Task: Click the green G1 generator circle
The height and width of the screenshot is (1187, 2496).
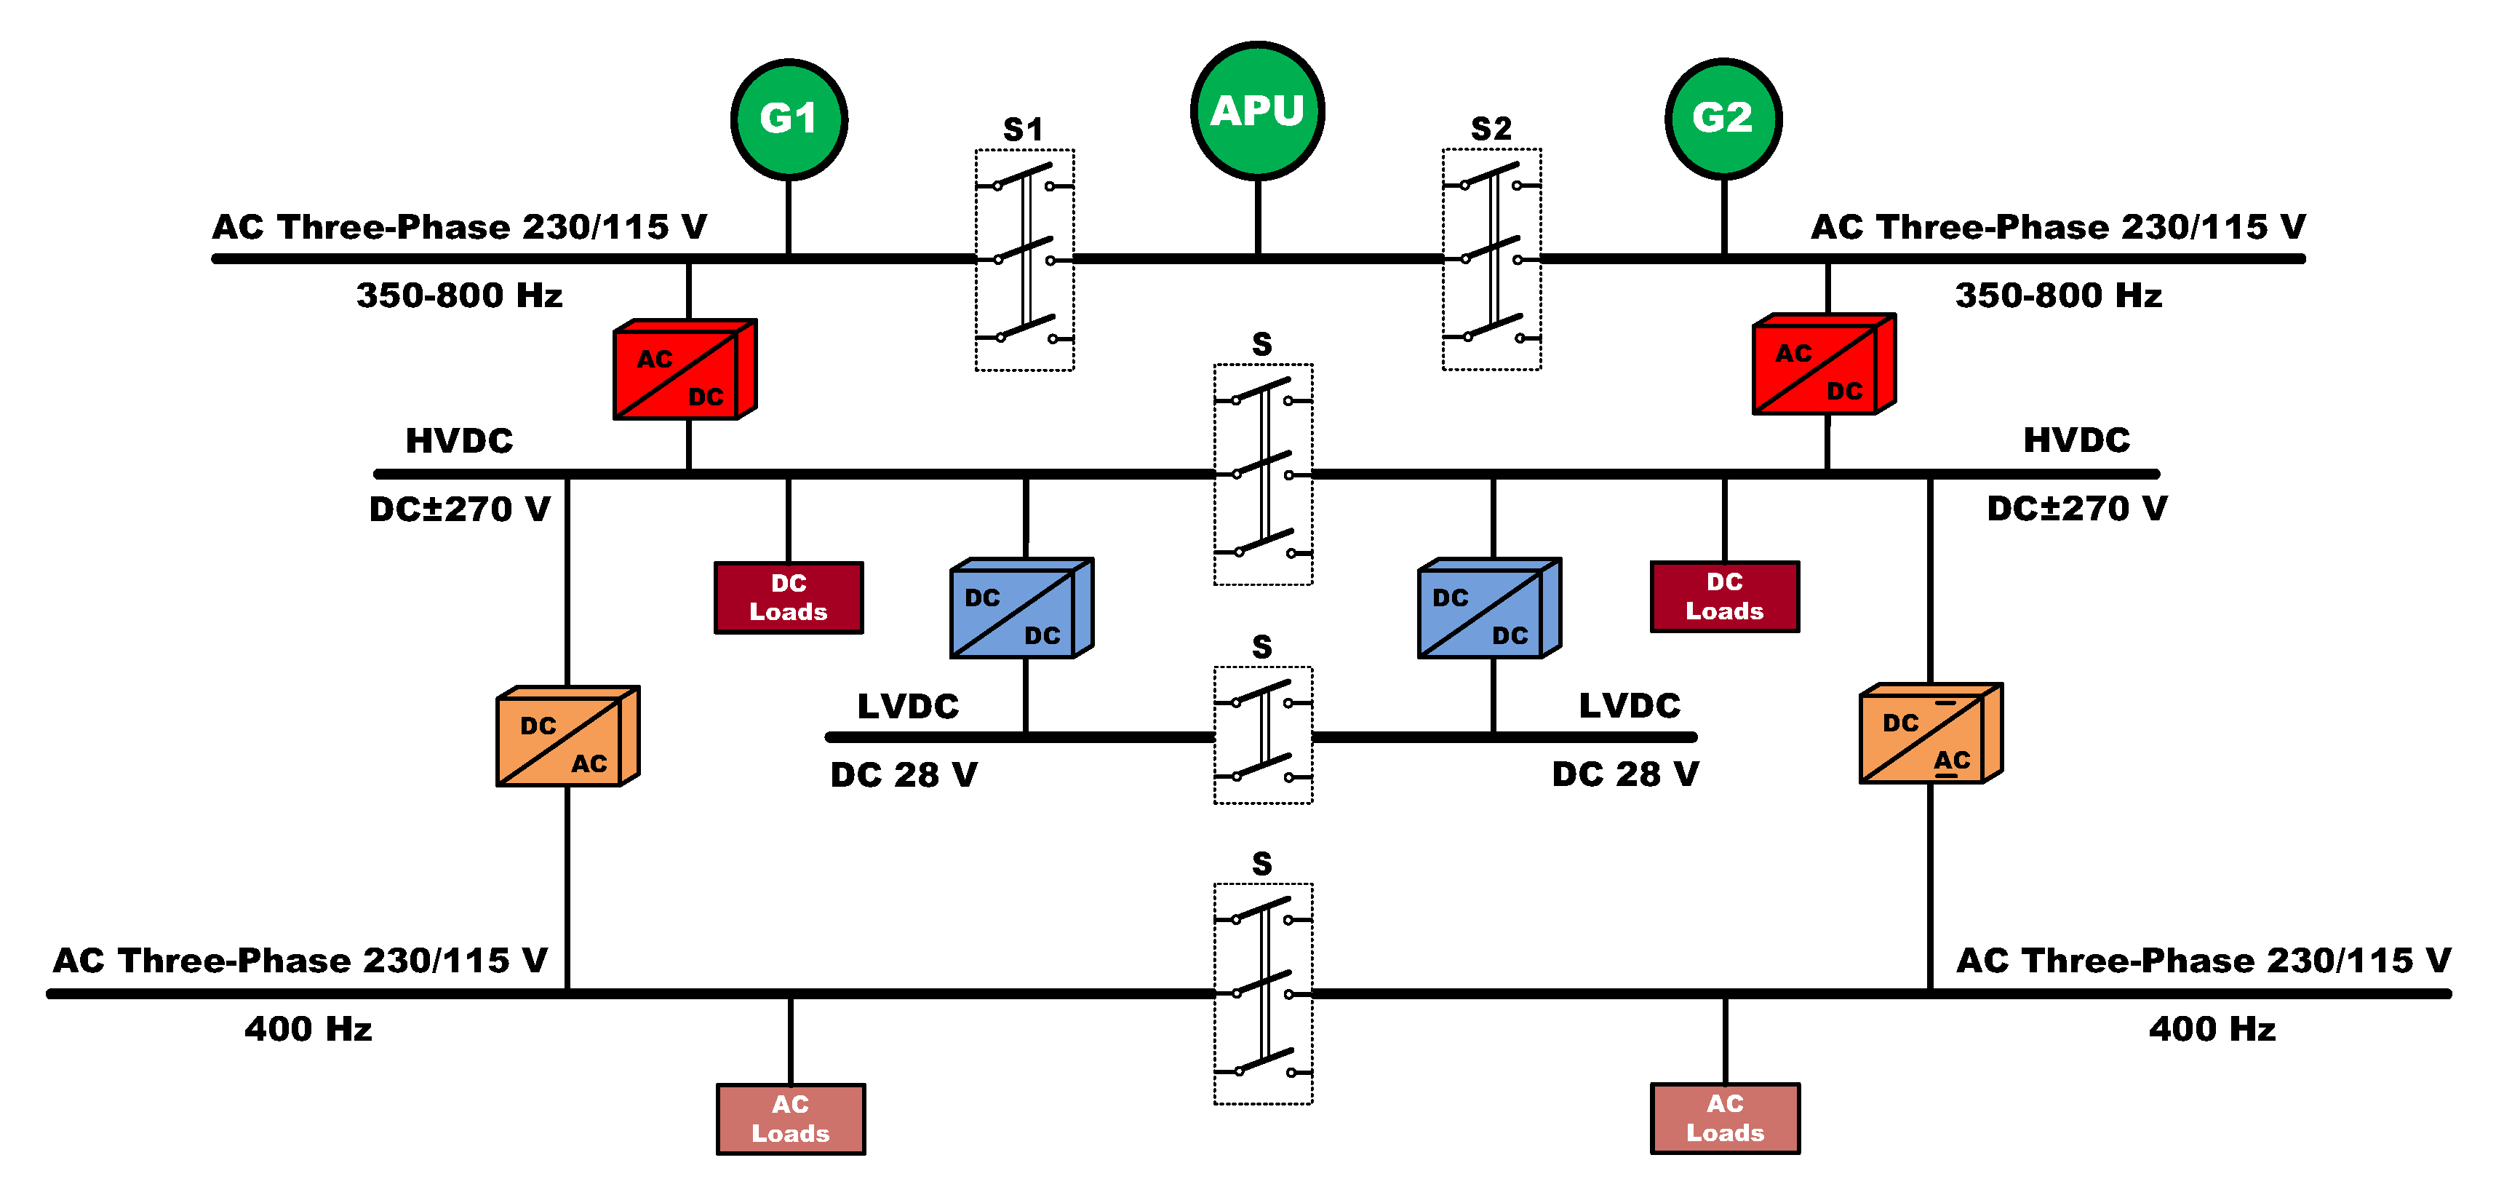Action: coord(789,119)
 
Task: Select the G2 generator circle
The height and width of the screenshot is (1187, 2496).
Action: coord(1723,118)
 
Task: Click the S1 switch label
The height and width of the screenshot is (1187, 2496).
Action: coord(1023,130)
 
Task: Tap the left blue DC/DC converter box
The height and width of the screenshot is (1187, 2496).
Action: coord(1021,609)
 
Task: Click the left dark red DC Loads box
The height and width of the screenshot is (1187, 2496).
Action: coord(789,598)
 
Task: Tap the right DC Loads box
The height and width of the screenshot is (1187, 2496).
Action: coord(1725,597)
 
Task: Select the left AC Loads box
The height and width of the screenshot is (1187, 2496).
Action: coord(791,1119)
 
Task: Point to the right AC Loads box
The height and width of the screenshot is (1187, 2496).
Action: coord(1725,1118)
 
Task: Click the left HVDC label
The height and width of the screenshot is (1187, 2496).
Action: coord(458,441)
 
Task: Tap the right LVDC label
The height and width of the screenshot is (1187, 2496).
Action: coord(1630,705)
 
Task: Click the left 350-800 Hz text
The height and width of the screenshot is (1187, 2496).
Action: coord(459,295)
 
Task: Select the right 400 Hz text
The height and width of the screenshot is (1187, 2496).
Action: coord(2212,1029)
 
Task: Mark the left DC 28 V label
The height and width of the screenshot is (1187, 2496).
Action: coord(904,775)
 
